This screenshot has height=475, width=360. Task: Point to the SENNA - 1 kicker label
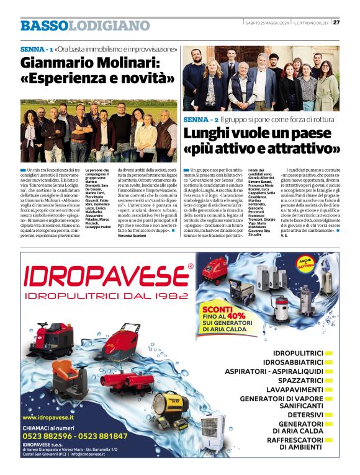36,48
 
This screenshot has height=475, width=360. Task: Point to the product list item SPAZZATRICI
300,380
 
